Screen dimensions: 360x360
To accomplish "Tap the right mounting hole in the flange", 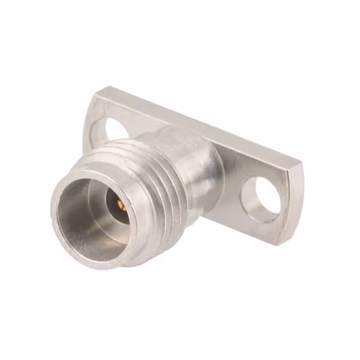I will (x=260, y=199).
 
